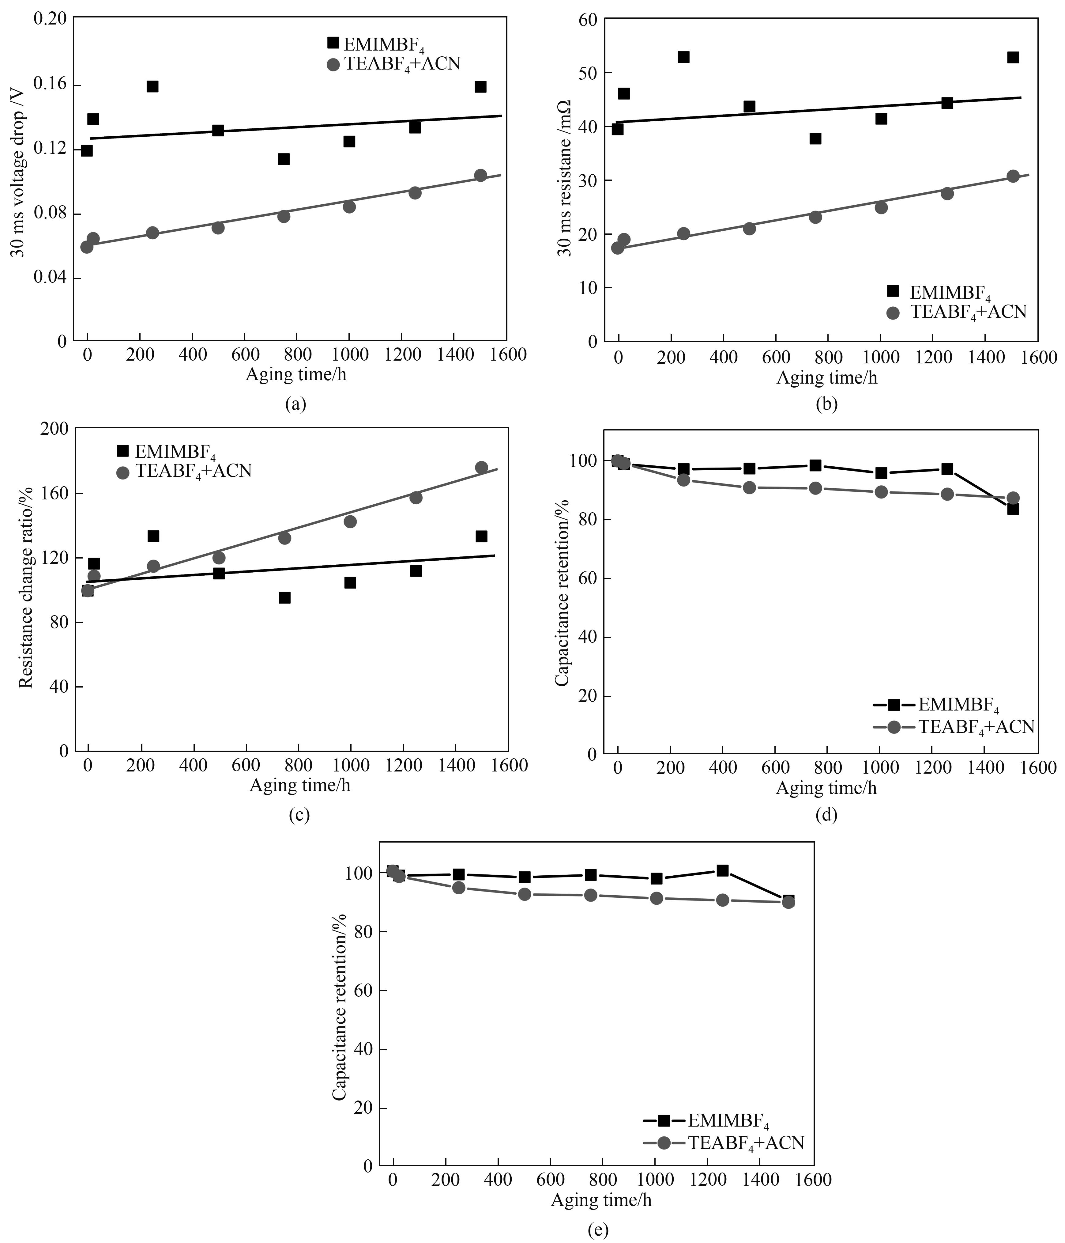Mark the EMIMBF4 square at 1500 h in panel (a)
point(480,87)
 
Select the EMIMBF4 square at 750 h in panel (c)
point(285,597)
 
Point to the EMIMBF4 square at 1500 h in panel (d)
point(1013,509)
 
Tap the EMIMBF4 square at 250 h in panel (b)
point(683,57)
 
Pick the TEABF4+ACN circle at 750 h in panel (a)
point(284,216)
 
